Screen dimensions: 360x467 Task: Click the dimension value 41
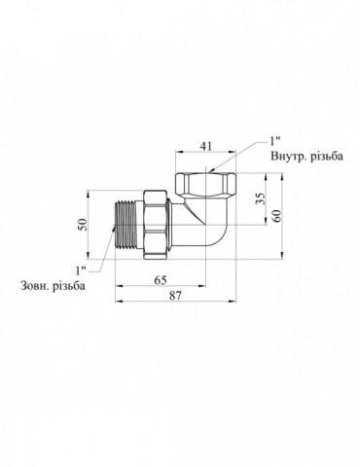pos(206,146)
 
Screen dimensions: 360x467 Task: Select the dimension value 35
pos(261,198)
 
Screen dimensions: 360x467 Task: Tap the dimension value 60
pos(278,215)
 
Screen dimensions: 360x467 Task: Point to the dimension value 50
pos(84,225)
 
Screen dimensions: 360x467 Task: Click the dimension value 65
pos(161,280)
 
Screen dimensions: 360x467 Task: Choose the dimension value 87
pos(175,296)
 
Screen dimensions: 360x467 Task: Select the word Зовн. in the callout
pos(35,286)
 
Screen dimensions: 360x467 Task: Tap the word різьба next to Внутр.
pos(326,156)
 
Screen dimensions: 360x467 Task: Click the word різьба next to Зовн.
pos(70,286)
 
